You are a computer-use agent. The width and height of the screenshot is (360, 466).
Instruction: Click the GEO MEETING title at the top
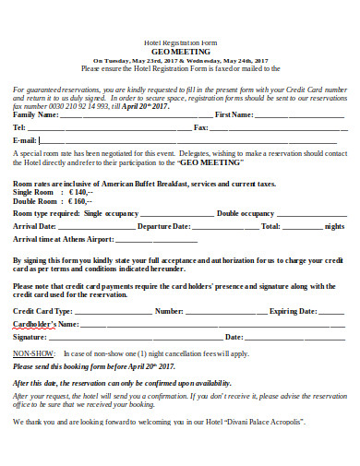(x=180, y=52)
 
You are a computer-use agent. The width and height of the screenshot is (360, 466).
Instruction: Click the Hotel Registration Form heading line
(x=179, y=42)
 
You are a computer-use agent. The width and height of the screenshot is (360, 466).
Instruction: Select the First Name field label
(x=234, y=114)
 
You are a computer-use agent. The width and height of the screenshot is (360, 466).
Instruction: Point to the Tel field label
(x=19, y=126)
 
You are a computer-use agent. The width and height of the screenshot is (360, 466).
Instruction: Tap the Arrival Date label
(x=36, y=226)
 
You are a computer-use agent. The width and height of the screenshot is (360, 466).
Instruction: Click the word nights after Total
(x=334, y=226)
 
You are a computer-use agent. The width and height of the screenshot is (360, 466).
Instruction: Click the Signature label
(x=30, y=338)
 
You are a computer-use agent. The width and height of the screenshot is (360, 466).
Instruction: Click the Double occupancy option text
(x=246, y=213)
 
